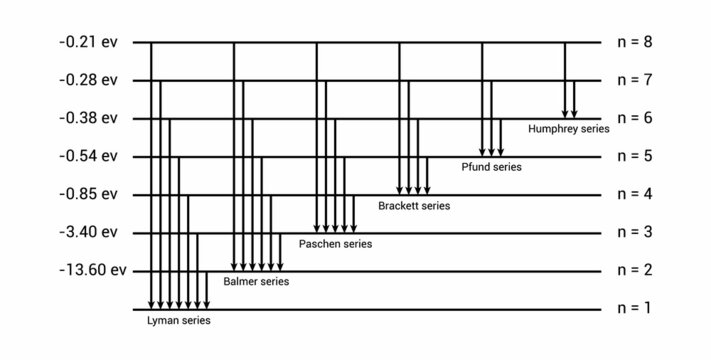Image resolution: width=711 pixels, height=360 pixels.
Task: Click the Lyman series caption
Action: point(179,321)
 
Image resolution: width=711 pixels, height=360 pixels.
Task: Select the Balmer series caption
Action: point(256,282)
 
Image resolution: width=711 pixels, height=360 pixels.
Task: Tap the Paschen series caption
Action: point(335,244)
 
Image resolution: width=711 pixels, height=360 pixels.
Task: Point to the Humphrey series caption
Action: point(568,129)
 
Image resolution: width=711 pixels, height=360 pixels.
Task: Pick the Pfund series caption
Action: point(491,167)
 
